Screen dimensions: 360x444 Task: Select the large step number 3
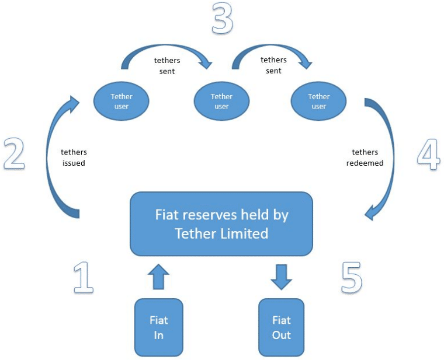point(222,18)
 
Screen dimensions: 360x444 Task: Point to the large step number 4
point(429,154)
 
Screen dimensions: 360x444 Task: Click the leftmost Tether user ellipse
point(122,102)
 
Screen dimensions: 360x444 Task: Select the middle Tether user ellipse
point(221,102)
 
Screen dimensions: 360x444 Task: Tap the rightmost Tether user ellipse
point(318,102)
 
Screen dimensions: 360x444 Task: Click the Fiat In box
point(158,327)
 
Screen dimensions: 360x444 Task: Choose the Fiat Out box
point(281,327)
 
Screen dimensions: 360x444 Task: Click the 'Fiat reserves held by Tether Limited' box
point(221,224)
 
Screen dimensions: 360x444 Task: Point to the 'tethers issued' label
point(74,158)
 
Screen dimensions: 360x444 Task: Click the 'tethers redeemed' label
point(365,158)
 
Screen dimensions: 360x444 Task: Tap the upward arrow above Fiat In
point(158,276)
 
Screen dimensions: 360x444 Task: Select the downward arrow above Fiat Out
point(281,276)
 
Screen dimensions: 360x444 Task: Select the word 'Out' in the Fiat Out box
point(281,335)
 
